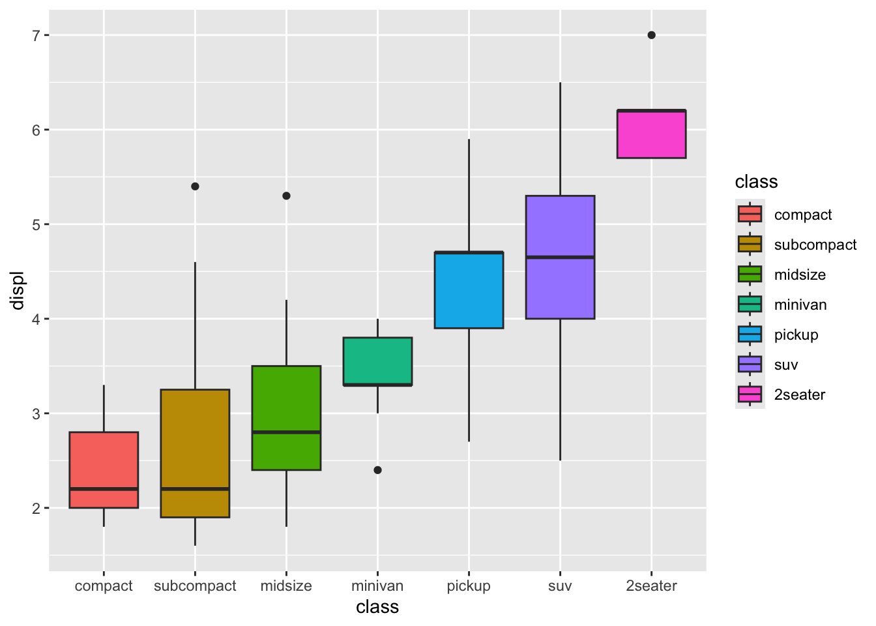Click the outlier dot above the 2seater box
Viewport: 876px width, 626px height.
651,35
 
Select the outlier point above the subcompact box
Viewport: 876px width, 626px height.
195,186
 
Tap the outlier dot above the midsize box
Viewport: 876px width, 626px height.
286,196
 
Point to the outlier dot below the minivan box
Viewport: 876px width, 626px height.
377,470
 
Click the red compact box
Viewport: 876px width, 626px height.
104,463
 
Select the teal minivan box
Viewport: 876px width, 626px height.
377,359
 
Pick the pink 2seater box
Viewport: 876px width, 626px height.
651,137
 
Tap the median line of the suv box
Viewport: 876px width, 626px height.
560,258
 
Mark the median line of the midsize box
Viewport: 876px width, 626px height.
286,432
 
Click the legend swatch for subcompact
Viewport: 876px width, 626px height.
750,245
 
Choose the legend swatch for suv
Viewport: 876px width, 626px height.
750,365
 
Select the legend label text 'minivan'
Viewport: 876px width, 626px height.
800,305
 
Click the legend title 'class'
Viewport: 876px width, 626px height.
756,181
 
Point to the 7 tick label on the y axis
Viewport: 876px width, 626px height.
36,35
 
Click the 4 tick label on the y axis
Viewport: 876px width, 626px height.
36,319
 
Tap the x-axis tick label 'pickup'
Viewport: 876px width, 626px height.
469,586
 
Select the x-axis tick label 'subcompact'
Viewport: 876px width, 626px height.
195,586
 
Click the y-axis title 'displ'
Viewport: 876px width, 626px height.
18,290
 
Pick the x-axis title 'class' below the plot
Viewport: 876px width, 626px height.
377,607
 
